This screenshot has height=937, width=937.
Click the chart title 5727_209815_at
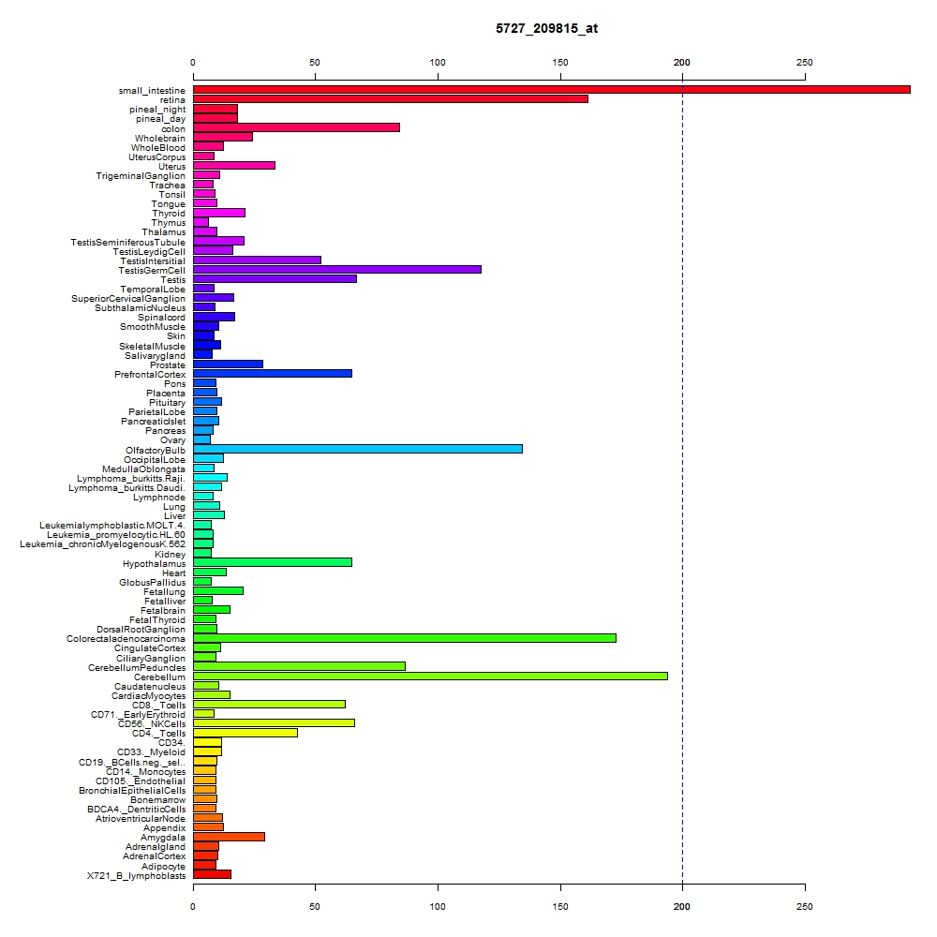[546, 28]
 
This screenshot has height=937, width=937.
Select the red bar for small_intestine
[552, 90]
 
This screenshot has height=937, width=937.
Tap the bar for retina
[390, 99]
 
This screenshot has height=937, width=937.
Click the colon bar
[296, 127]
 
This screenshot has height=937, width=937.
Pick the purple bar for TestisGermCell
[337, 270]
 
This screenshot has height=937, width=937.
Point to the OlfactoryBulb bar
[357, 449]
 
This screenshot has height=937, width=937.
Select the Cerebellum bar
[430, 676]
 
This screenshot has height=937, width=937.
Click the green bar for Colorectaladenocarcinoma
[405, 638]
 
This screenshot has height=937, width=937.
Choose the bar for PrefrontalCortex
[273, 374]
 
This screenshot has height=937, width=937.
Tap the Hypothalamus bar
[273, 562]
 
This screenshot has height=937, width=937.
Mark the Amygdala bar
[229, 837]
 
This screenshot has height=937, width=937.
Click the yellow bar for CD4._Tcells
[245, 733]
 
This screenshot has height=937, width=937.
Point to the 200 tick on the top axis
[682, 77]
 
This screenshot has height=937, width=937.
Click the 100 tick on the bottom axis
[438, 887]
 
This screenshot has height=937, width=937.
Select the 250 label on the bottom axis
[804, 906]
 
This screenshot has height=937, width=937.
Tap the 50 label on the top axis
[315, 62]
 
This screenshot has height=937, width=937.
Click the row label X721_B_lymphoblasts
[136, 875]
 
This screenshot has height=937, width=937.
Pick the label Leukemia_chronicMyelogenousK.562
[103, 544]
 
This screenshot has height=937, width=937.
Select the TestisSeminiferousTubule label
[127, 242]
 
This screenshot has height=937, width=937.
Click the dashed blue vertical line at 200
[682, 482]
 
